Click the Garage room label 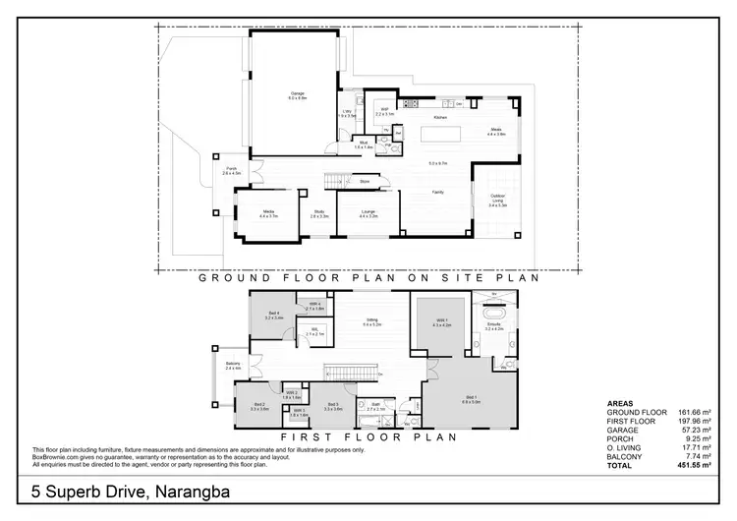pyautogui.click(x=297, y=95)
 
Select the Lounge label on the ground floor pyautogui.click(x=368, y=212)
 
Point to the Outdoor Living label pyautogui.click(x=498, y=200)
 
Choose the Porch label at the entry pyautogui.click(x=232, y=170)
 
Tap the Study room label pyautogui.click(x=319, y=212)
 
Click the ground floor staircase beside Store pyautogui.click(x=338, y=181)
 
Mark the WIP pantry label pyautogui.click(x=384, y=111)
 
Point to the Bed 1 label pyautogui.click(x=471, y=399)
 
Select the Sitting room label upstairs pyautogui.click(x=371, y=320)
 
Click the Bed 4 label pyautogui.click(x=274, y=316)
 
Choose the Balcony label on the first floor pyautogui.click(x=232, y=365)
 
